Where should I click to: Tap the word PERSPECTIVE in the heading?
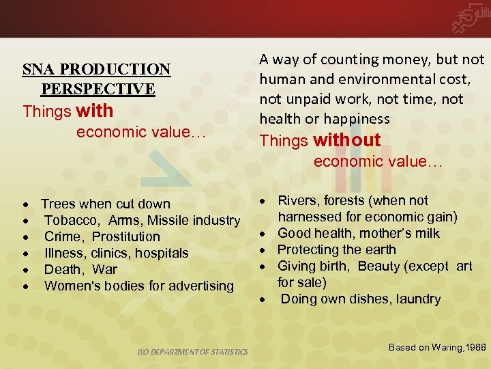coord(98,90)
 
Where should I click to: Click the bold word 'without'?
coord(346,140)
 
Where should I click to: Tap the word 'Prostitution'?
coord(126,236)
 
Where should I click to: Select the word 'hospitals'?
coord(162,253)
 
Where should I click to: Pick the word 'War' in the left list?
coord(105,269)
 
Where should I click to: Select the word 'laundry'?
coord(416,299)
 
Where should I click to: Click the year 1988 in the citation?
coord(474,348)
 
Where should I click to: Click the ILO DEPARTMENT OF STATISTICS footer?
coord(190,352)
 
